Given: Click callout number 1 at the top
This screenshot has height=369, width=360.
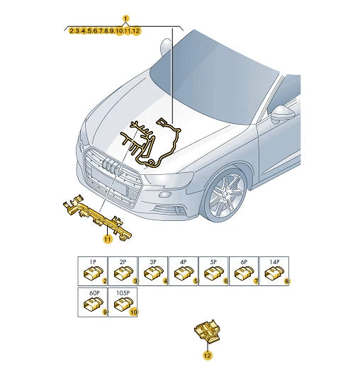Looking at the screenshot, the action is [x=125, y=18].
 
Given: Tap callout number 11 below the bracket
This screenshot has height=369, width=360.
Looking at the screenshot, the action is [x=108, y=239].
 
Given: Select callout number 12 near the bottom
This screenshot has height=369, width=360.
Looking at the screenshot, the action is [x=208, y=356].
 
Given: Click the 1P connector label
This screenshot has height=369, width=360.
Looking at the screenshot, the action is [x=93, y=262].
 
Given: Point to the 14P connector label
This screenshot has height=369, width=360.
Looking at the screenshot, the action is [x=274, y=262].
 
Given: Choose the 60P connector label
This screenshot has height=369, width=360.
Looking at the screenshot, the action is [x=94, y=293].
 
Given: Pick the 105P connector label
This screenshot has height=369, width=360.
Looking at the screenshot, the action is [x=123, y=293].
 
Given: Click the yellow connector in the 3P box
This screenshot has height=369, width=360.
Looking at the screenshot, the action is [x=154, y=273].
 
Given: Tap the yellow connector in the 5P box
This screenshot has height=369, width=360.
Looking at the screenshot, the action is [x=214, y=273].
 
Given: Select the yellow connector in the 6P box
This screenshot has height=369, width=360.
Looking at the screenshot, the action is [x=244, y=273].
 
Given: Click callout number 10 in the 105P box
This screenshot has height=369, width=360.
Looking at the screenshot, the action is [x=134, y=312].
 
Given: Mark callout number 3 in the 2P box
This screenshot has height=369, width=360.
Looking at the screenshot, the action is [x=135, y=281].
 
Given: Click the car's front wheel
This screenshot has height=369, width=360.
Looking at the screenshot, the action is [x=225, y=195].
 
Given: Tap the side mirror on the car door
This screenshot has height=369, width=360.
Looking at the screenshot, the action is [x=283, y=114].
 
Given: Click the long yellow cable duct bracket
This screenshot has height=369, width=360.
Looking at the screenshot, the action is [x=96, y=216].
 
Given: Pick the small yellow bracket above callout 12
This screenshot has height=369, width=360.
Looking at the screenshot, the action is [x=206, y=331].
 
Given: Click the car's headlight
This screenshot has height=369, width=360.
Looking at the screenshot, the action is [x=168, y=180].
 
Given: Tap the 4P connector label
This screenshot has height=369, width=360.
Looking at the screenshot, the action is [x=184, y=262].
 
